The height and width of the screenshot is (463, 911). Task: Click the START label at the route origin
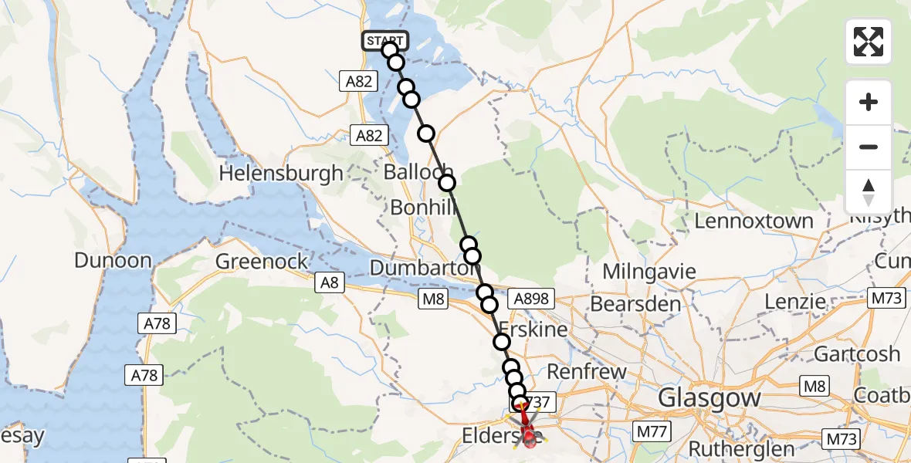click(x=384, y=41)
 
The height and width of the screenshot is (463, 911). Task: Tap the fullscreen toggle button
click(x=869, y=42)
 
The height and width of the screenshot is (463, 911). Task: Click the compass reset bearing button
click(x=869, y=192)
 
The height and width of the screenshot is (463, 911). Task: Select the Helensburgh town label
click(x=281, y=174)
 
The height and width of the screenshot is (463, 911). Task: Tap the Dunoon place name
click(x=113, y=261)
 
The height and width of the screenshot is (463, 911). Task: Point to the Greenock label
click(x=262, y=262)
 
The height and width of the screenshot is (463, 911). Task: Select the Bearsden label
click(x=635, y=304)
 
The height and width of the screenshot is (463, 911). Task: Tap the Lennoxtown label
click(x=754, y=221)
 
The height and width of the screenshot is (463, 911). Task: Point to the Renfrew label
click(x=587, y=373)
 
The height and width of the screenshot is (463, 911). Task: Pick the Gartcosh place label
click(x=857, y=354)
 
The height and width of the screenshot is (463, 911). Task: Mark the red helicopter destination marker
click(x=530, y=436)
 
